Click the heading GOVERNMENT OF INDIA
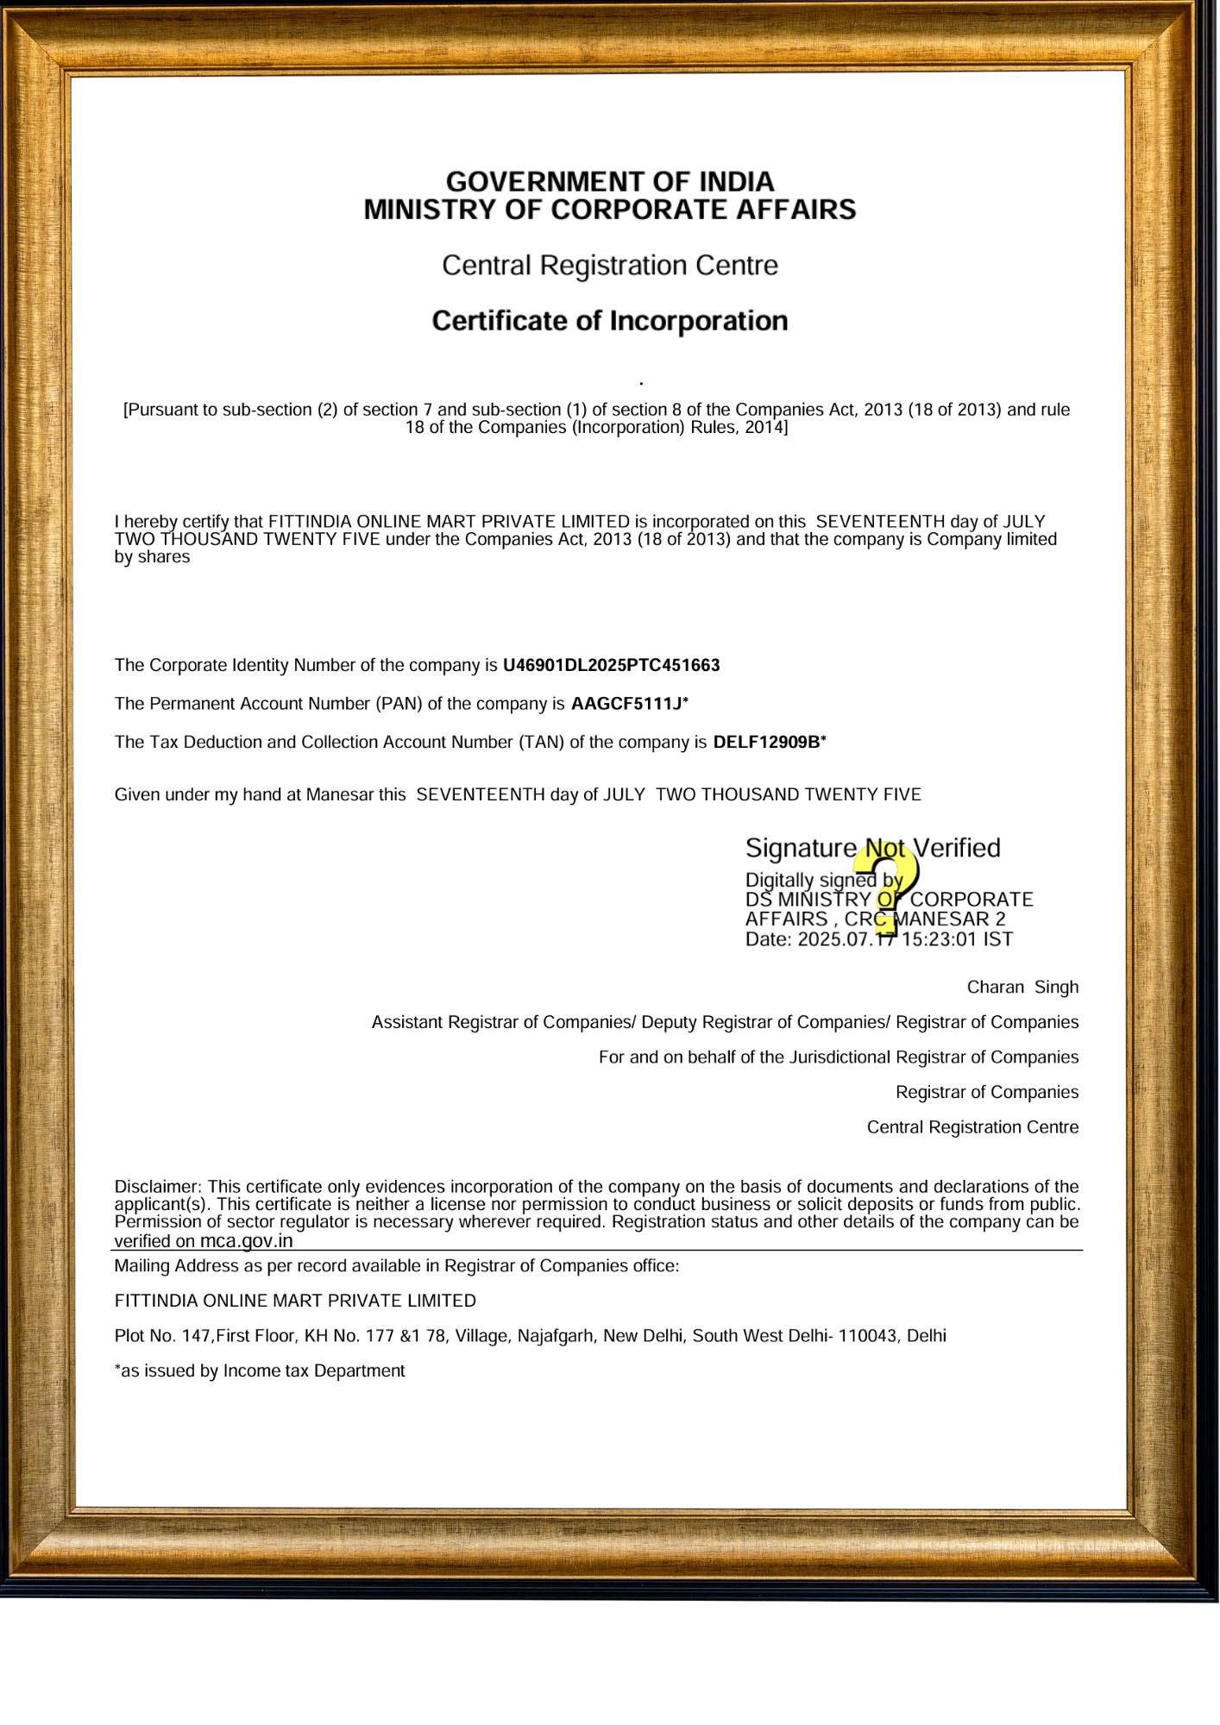[610, 182]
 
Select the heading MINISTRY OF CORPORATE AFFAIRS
[610, 210]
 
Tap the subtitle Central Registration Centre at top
[610, 266]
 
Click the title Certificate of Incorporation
[610, 321]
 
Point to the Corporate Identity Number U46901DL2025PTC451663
[611, 665]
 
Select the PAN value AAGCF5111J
[626, 704]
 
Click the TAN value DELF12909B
[766, 742]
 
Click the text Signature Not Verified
[872, 849]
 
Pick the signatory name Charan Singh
[1022, 987]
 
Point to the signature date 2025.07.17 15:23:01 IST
[905, 939]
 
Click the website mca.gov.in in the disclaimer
[247, 1241]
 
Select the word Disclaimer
[157, 1187]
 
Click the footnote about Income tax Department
[260, 1371]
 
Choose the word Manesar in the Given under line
[338, 794]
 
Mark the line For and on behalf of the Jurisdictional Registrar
[839, 1057]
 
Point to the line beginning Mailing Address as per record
[397, 1266]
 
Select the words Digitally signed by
[823, 880]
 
